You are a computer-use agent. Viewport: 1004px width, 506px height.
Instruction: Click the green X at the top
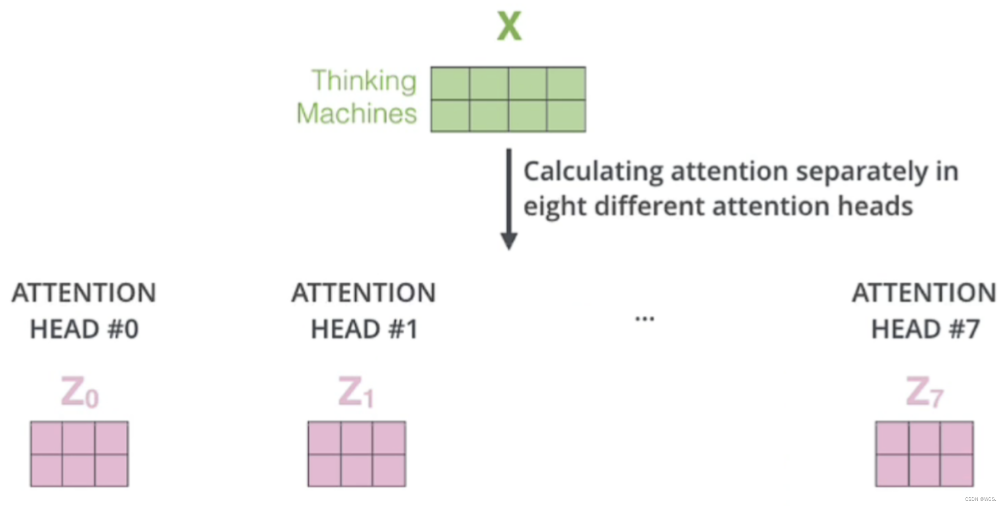[509, 27]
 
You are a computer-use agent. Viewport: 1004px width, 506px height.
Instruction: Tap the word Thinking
[364, 81]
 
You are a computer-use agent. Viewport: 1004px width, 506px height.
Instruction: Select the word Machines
[357, 113]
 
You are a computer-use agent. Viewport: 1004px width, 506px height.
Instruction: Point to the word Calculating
[593, 172]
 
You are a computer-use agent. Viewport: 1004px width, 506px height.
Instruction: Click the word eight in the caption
[555, 207]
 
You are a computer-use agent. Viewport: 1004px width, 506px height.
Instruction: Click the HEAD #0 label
[84, 329]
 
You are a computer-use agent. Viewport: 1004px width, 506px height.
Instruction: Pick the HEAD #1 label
[364, 329]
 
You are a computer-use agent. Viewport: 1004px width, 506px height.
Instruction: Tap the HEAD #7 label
[925, 329]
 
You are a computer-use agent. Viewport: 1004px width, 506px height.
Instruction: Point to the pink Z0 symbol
[80, 392]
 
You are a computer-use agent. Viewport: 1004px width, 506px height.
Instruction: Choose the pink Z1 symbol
[356, 392]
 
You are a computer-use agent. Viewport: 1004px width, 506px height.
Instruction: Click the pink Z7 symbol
[924, 392]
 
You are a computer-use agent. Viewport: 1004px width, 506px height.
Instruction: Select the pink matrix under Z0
[79, 454]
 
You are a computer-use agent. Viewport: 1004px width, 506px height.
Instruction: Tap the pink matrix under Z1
[357, 454]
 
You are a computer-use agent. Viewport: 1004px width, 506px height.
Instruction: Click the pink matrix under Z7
[924, 454]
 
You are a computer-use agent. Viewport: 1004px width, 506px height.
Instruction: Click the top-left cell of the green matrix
[450, 83]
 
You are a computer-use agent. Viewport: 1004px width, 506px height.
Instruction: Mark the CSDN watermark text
[980, 499]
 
